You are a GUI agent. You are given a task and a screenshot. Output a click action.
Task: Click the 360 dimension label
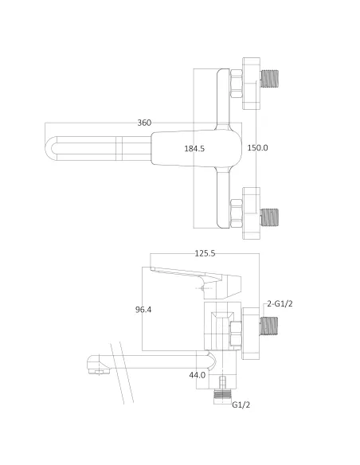pos(144,123)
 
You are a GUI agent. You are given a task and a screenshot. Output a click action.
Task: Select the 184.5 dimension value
pos(194,148)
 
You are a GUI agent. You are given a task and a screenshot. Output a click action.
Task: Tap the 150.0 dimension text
pos(257,148)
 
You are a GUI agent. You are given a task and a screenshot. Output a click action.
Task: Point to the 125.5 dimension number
pos(205,253)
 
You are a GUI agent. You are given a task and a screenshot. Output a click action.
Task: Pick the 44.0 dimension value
pos(197,374)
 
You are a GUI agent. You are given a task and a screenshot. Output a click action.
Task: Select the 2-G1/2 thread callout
pos(280,303)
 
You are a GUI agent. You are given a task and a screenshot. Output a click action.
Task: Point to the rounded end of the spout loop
pos(51,148)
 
